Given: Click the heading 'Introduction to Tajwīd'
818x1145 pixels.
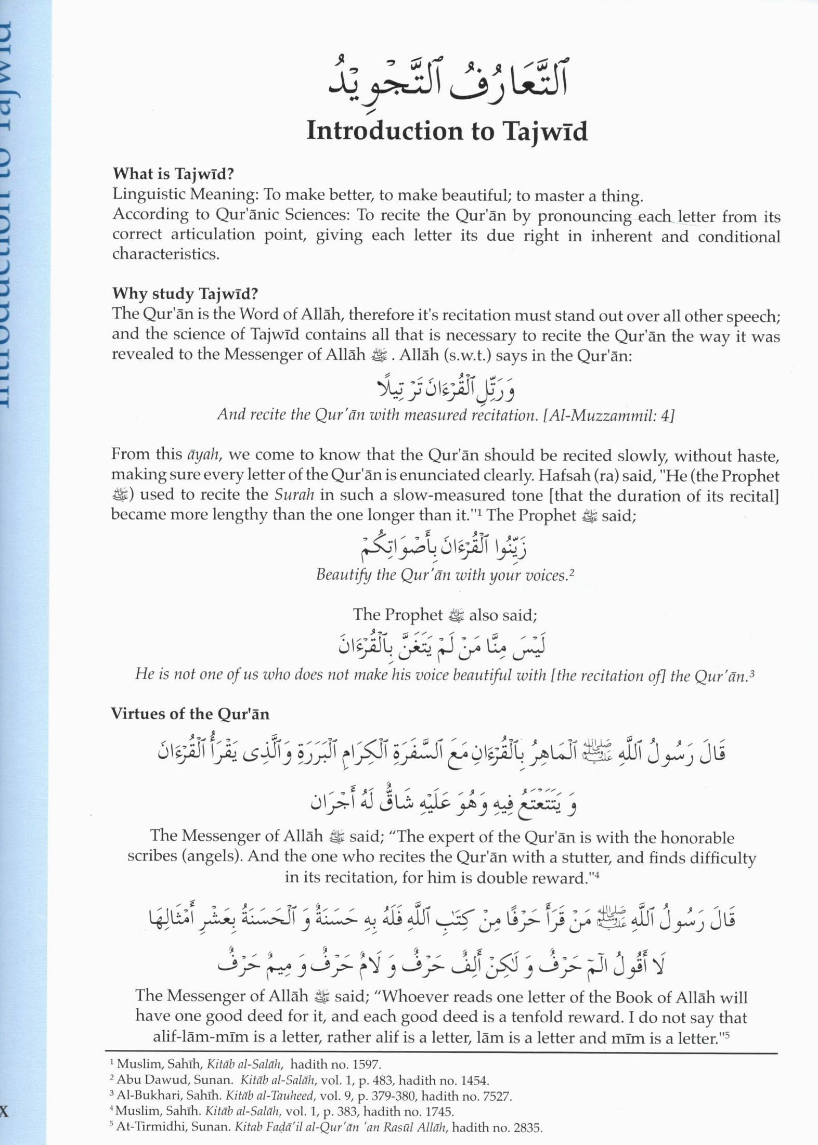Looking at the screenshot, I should (447, 131).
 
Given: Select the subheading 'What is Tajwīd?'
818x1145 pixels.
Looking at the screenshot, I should (173, 173).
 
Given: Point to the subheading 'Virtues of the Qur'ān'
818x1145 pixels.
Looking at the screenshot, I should (190, 713).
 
